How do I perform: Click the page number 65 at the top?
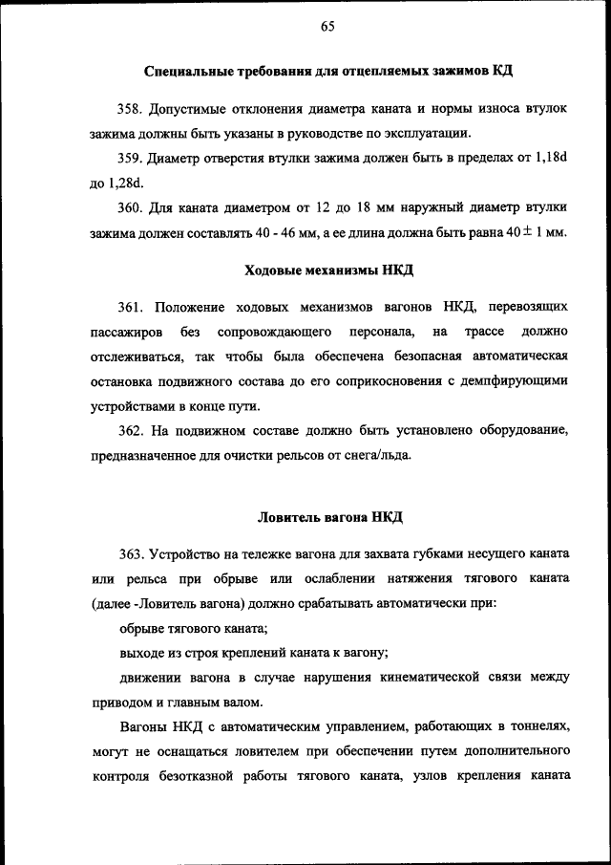(x=327, y=27)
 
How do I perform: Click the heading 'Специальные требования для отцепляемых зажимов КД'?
(x=330, y=73)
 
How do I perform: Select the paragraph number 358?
(x=131, y=109)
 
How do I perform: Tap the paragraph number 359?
(x=131, y=159)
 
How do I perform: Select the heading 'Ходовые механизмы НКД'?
(x=329, y=270)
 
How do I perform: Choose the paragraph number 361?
(x=131, y=308)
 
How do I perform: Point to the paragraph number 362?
(x=131, y=431)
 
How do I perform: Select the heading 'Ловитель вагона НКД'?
(x=330, y=518)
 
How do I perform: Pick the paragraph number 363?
(x=131, y=555)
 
